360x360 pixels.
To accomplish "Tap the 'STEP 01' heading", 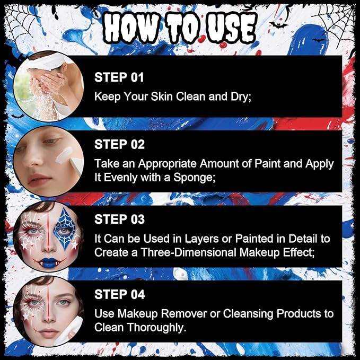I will (x=119, y=77).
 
